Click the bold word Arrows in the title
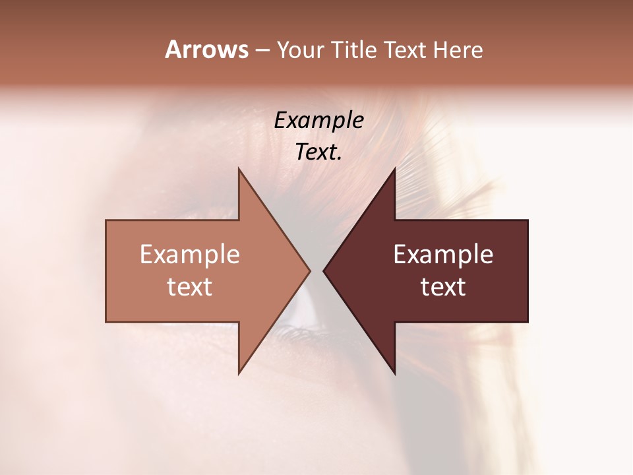coord(206,49)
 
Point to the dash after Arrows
coord(262,51)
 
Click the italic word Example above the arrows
coord(319,121)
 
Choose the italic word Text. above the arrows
coord(317,152)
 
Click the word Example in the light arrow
coord(190,255)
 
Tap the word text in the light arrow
coord(190,287)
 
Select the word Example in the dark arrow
coord(443,255)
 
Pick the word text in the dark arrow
coord(443,287)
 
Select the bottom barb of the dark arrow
coord(393,369)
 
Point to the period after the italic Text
coord(340,158)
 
